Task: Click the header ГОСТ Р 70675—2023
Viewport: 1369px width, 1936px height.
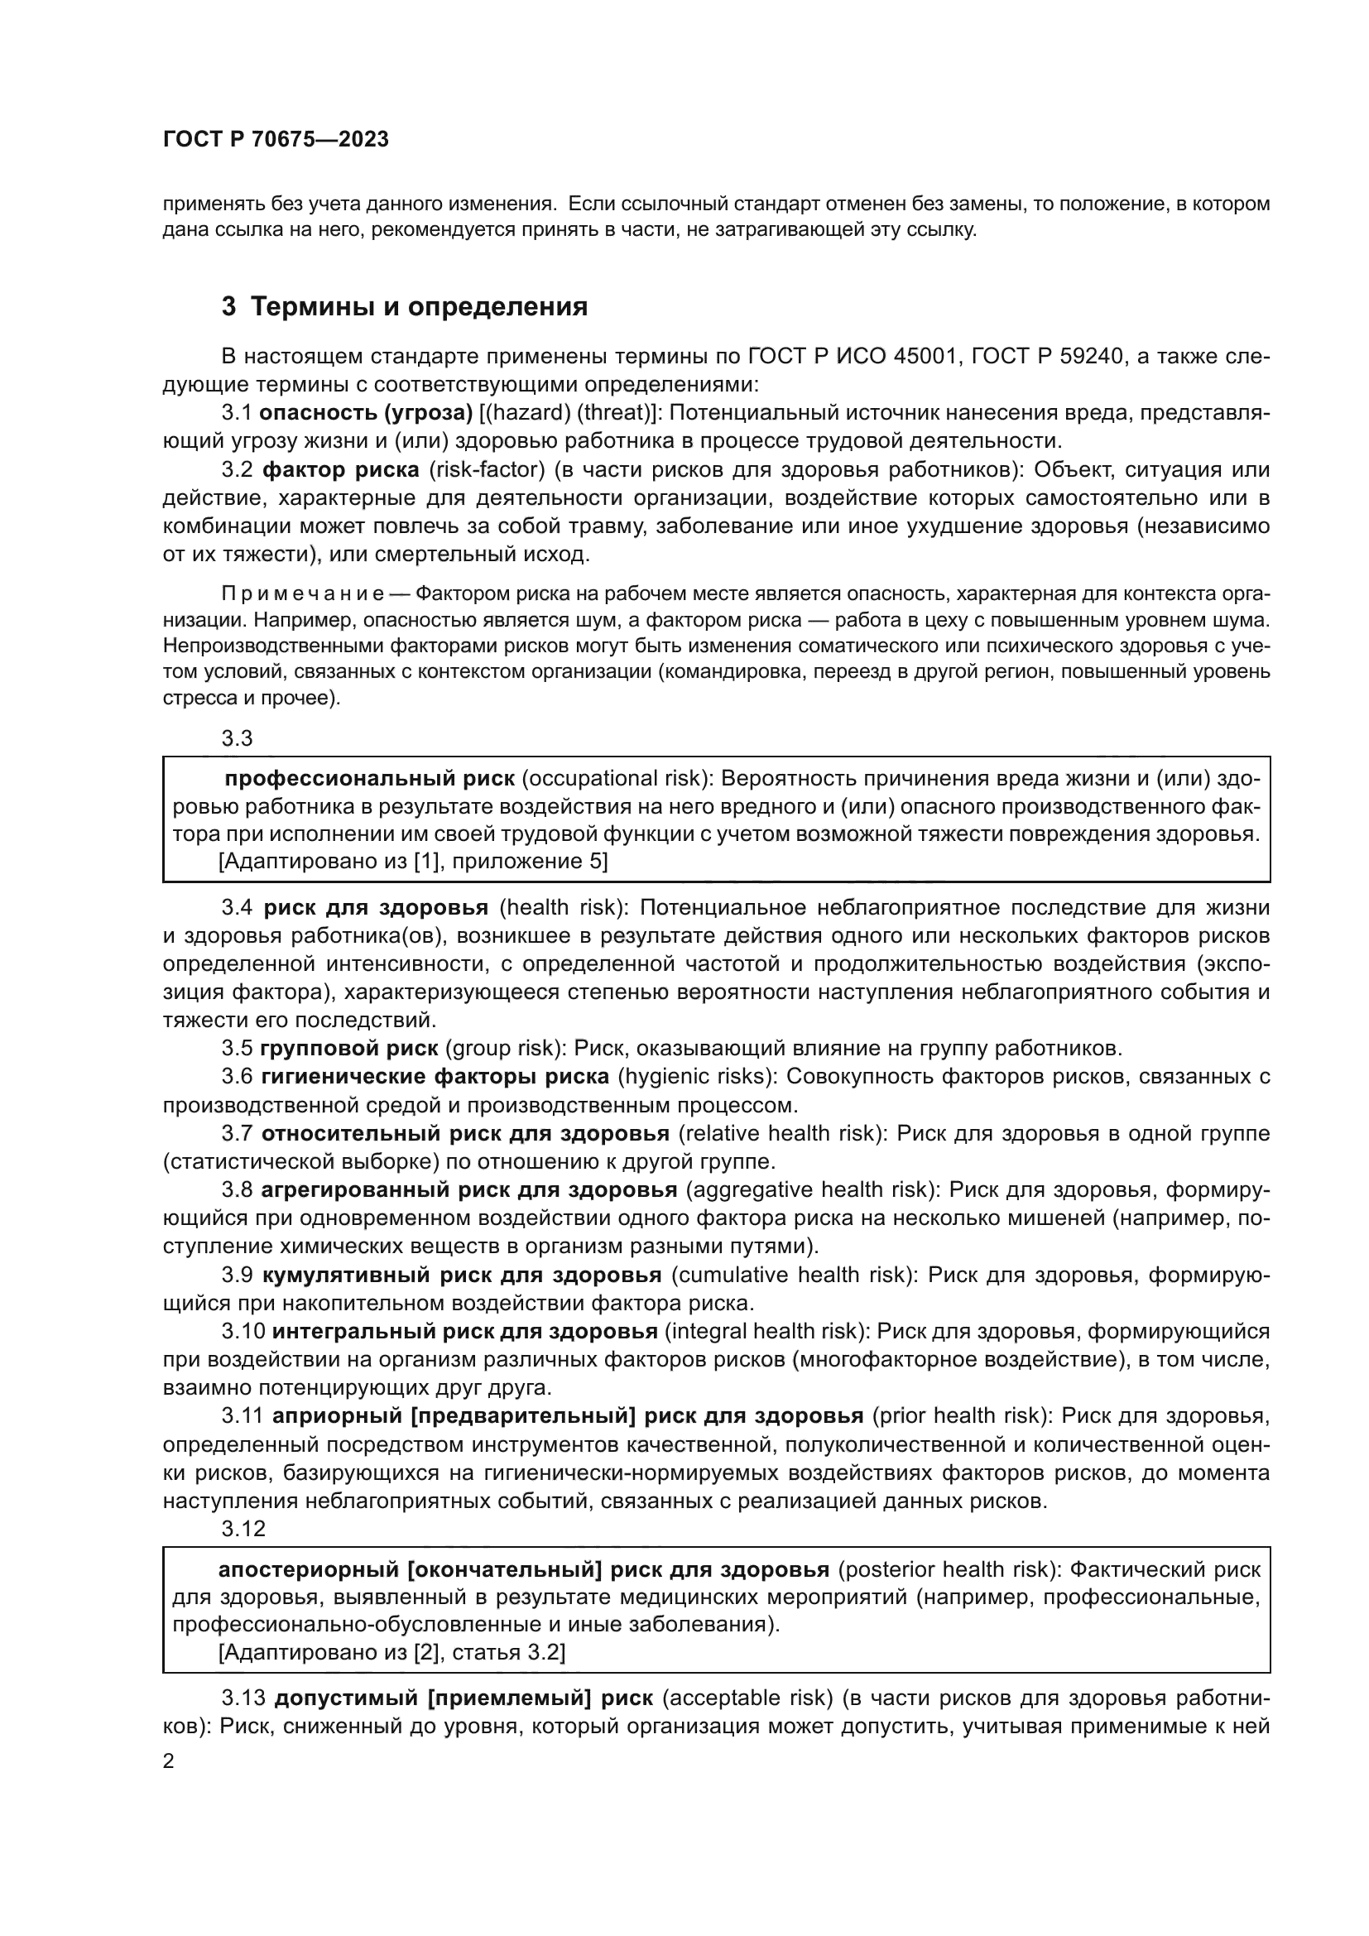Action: (276, 140)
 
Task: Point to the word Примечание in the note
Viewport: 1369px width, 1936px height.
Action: (304, 594)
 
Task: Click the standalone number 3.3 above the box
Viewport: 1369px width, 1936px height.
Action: (237, 738)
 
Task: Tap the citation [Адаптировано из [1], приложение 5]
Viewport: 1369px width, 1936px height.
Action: (413, 862)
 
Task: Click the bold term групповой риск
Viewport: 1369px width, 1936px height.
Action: (349, 1049)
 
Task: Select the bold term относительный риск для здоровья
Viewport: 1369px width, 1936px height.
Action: (465, 1133)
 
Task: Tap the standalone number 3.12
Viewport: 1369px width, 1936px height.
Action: (243, 1529)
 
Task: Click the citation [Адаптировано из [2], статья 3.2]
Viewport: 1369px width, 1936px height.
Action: (392, 1653)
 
